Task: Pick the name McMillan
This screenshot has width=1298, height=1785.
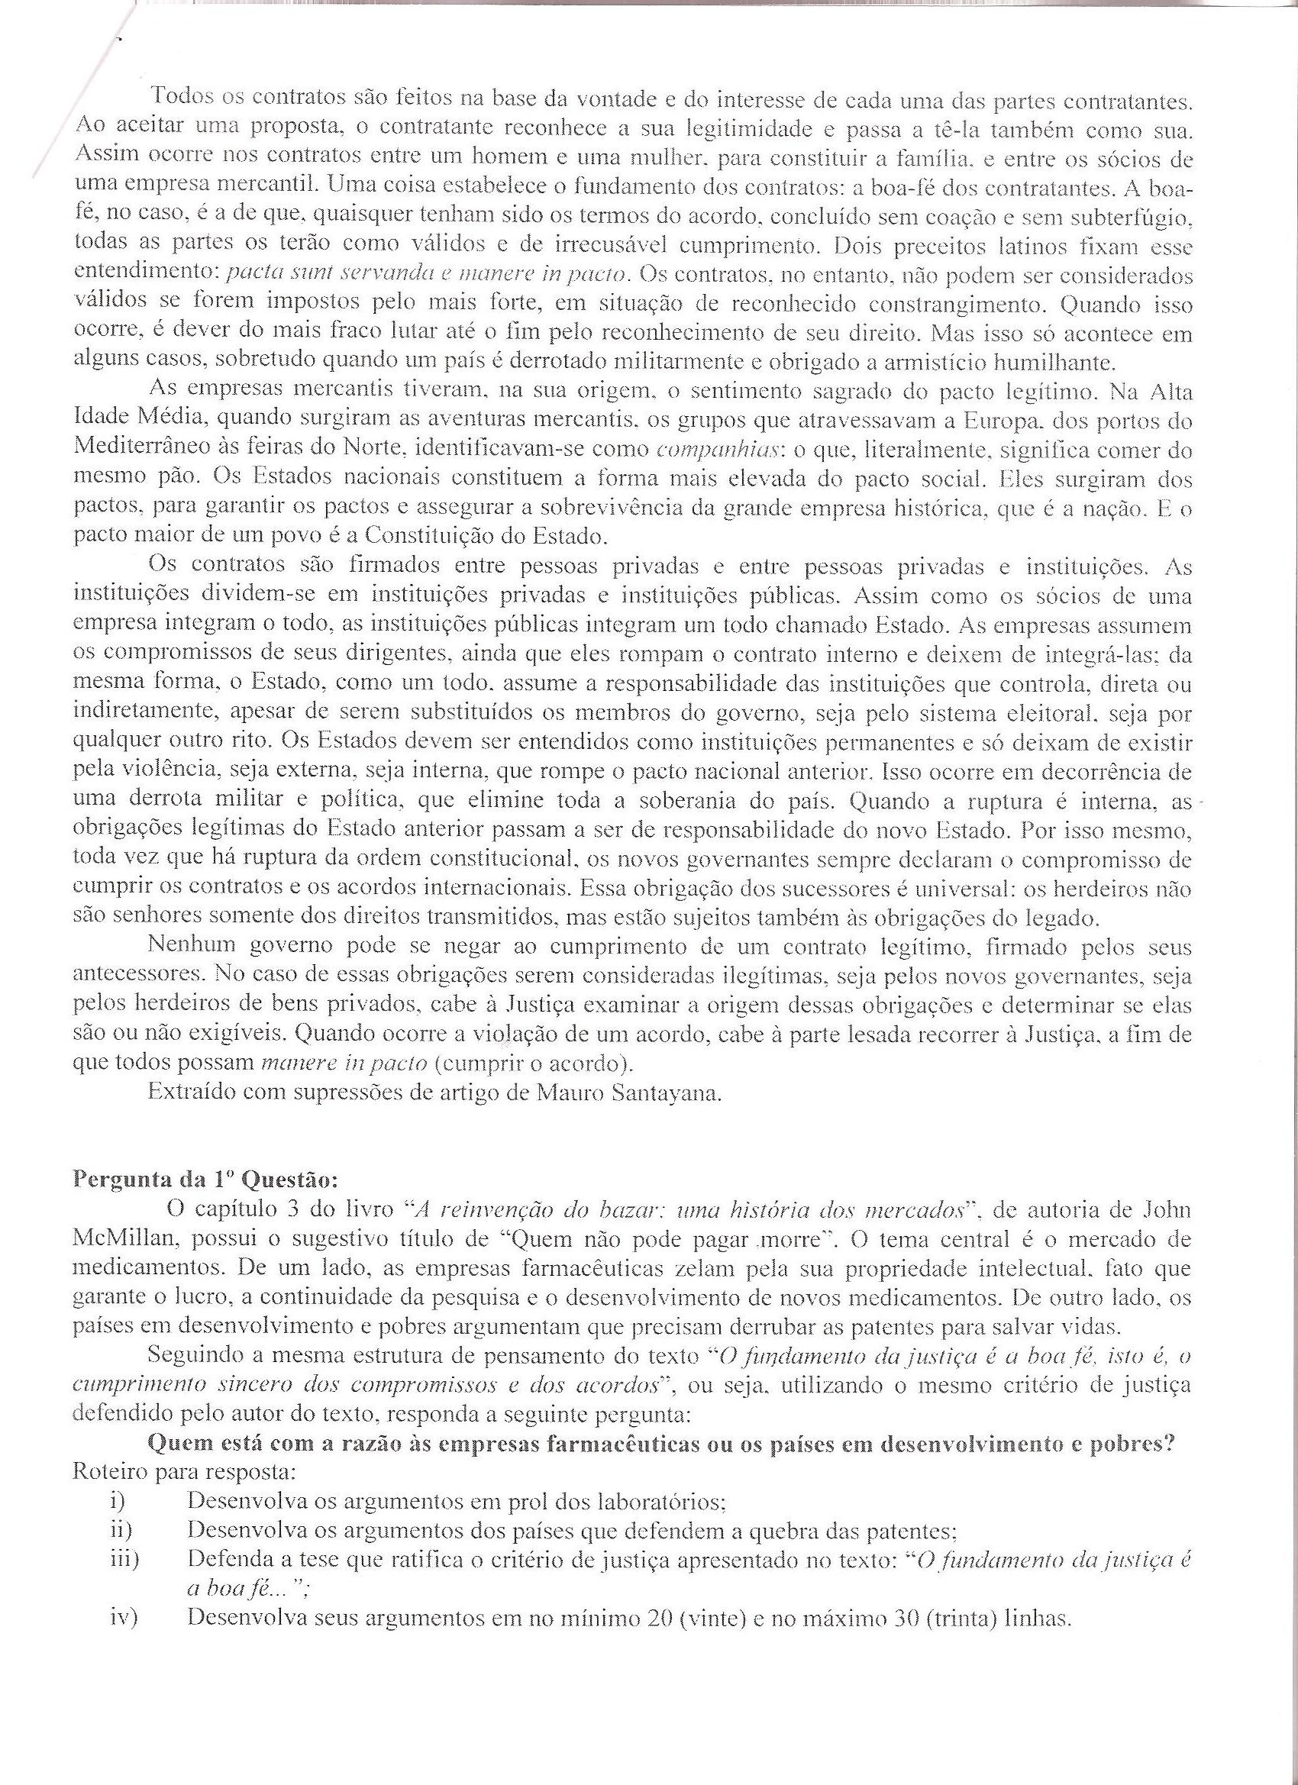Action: [x=125, y=1239]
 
